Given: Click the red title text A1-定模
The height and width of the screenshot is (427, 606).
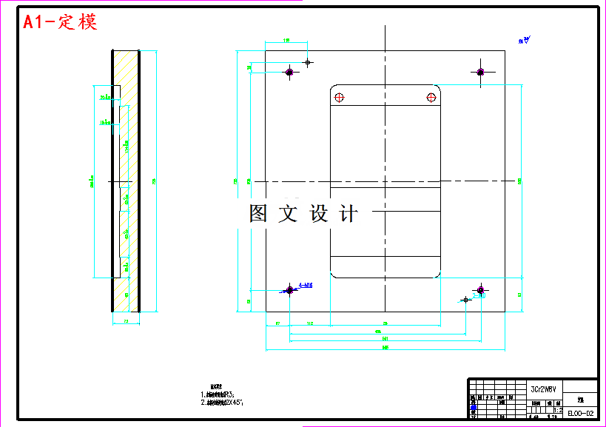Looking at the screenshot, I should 60,22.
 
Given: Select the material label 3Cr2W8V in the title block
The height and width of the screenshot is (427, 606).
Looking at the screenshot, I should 543,389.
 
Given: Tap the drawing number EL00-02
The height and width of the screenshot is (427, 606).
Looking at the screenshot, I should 580,414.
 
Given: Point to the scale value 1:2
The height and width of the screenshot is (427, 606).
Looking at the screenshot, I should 558,408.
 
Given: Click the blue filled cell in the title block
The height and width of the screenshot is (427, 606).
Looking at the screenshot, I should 473,408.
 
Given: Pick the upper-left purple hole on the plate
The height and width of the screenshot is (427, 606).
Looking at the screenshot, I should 290,72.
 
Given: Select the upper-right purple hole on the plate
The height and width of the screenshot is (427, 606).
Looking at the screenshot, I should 480,72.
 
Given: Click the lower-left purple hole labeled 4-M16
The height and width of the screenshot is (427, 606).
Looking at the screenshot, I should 290,289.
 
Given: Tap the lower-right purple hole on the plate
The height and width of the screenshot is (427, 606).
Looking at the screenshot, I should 480,289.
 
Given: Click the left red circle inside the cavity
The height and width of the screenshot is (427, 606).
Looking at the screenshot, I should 339,98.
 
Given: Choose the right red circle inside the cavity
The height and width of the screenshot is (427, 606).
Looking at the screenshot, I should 431,98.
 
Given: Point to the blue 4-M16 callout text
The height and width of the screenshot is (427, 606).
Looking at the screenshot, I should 305,285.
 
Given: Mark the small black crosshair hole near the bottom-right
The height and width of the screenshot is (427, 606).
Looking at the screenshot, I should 465,299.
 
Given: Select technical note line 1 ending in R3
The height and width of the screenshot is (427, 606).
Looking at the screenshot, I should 222,395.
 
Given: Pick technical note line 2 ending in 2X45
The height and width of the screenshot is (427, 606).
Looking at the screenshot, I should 222,403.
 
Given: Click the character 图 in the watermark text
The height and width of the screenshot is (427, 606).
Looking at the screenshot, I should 258,214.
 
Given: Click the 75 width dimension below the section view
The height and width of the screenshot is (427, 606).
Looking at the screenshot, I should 126,321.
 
